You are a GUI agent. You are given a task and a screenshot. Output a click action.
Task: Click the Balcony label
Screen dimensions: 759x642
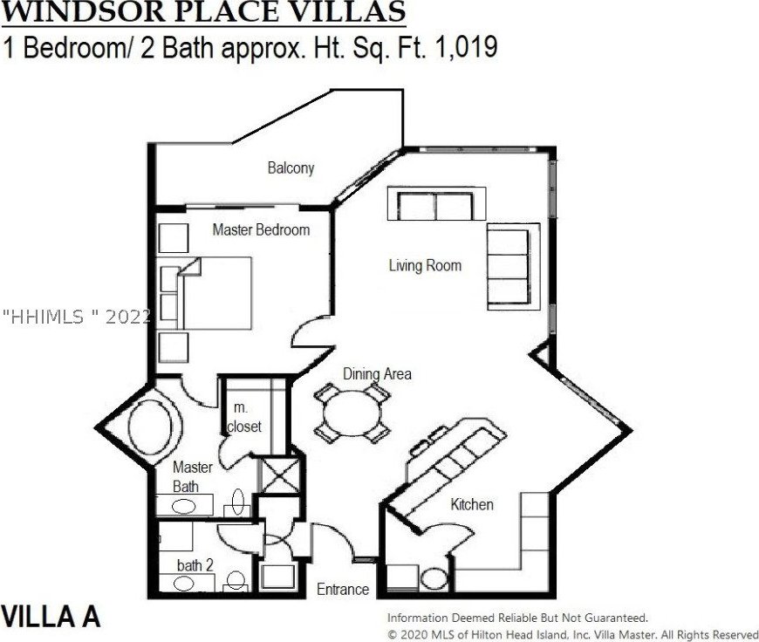click(291, 168)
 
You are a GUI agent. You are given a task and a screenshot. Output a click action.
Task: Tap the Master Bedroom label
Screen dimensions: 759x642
click(261, 229)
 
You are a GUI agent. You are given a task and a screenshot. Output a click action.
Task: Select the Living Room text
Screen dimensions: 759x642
click(425, 265)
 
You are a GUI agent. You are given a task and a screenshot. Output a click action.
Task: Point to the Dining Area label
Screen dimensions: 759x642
click(377, 374)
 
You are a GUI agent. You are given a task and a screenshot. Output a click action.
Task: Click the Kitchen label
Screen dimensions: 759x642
click(472, 504)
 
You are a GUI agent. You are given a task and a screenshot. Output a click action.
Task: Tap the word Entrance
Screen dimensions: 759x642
click(343, 589)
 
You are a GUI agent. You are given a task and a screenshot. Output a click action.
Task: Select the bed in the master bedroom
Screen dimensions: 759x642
click(216, 293)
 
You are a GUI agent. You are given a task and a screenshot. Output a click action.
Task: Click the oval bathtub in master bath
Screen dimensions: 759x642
click(149, 427)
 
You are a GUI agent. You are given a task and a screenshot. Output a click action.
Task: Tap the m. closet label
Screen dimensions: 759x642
click(244, 417)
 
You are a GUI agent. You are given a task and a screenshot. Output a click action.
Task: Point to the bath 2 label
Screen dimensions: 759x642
click(195, 565)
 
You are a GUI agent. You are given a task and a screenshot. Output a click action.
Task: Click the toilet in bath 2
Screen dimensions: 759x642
click(236, 581)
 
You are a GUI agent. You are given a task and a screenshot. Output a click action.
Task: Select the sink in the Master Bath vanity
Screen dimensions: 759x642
click(184, 507)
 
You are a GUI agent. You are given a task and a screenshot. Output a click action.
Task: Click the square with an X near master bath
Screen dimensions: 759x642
click(280, 475)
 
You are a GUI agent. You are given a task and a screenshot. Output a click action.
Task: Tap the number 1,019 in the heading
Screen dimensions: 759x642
click(467, 48)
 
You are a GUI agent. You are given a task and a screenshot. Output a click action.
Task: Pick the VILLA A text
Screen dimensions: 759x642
click(51, 617)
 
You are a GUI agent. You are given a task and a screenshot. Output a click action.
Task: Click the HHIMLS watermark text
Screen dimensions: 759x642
click(77, 318)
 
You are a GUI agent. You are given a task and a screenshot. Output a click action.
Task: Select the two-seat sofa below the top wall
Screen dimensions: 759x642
click(436, 204)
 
